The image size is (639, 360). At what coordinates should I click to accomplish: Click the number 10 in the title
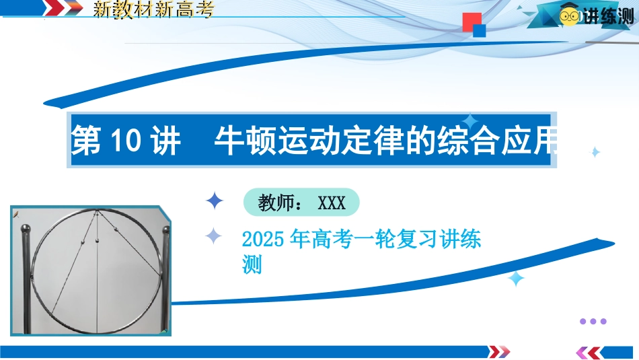coord(126,140)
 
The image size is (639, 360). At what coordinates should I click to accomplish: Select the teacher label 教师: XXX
coord(301,203)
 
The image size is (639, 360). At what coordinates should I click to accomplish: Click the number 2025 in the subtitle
coord(263,239)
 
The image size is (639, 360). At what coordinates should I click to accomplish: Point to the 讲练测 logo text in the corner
coord(609,16)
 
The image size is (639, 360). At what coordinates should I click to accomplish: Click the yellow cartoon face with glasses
coord(569,15)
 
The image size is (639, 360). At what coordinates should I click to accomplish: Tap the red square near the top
coord(472,22)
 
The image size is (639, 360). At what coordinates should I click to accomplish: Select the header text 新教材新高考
coord(153,9)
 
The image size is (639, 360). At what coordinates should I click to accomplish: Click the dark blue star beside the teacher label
coord(215,201)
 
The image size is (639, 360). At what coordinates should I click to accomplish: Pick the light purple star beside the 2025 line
coord(213,236)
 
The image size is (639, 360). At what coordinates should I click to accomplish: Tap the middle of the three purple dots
coord(593,321)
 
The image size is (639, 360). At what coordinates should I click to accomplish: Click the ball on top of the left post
coord(26,229)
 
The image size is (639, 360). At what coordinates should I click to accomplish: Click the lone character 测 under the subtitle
coord(252,264)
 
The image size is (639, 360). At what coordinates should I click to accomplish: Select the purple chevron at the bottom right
coord(582,352)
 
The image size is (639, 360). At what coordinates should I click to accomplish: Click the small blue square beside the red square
coord(479,30)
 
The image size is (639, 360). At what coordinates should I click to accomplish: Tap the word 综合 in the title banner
coord(468,141)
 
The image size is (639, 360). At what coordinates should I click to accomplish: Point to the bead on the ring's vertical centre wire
coord(97,240)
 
